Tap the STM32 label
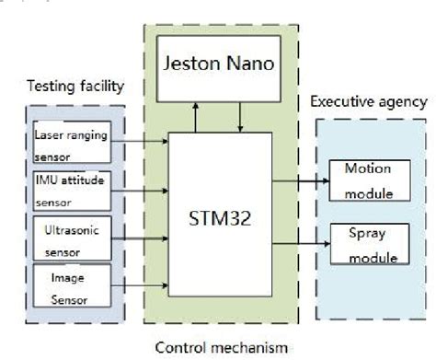pyautogui.click(x=218, y=221)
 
